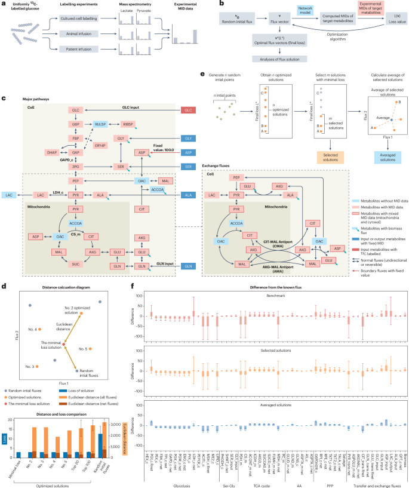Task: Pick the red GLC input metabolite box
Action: point(189,111)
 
